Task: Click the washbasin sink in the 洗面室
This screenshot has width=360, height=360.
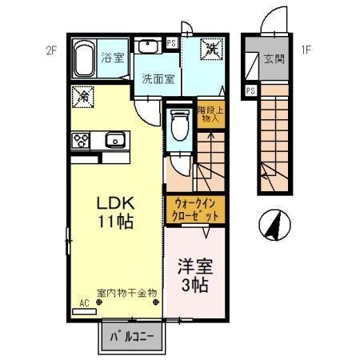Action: pyautogui.click(x=148, y=46)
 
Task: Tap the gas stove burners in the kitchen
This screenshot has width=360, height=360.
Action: pyautogui.click(x=82, y=141)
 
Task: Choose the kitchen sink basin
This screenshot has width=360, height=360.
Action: pyautogui.click(x=114, y=141)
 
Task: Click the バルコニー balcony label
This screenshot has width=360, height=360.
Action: pyautogui.click(x=132, y=336)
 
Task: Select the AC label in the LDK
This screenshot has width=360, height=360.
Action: pyautogui.click(x=84, y=303)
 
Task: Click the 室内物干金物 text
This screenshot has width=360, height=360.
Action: pyautogui.click(x=126, y=293)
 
